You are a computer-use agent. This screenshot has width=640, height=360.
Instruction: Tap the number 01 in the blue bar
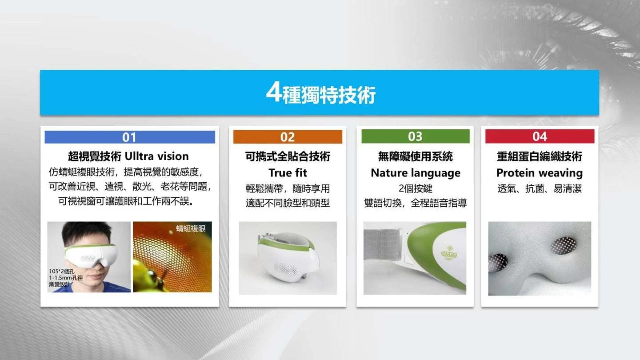pos(129,137)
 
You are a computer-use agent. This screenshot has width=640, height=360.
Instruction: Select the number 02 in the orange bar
pos(288,137)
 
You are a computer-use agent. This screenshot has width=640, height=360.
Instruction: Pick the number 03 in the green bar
pos(415,136)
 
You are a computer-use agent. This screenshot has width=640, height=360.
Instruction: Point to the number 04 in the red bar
pos(540,136)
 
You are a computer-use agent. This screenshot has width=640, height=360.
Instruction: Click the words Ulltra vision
pos(157,156)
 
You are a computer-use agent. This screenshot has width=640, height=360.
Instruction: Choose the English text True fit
pos(288,173)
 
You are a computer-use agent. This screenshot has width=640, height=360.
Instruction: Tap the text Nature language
pos(416,173)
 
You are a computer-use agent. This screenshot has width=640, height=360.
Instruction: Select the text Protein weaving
pos(540,173)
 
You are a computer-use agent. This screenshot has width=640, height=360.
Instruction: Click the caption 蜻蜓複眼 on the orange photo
pos(191,228)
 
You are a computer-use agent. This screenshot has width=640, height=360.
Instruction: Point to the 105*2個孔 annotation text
pos(62,272)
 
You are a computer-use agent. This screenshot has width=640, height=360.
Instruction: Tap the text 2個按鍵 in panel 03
pos(416,188)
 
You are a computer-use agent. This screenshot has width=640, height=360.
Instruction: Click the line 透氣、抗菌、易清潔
pos(540,188)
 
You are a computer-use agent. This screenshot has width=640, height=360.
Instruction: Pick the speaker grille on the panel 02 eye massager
pos(286,268)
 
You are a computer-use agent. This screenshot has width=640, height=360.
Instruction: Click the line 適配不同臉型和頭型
pos(288,203)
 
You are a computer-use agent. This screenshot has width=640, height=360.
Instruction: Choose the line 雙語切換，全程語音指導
pos(416,203)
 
